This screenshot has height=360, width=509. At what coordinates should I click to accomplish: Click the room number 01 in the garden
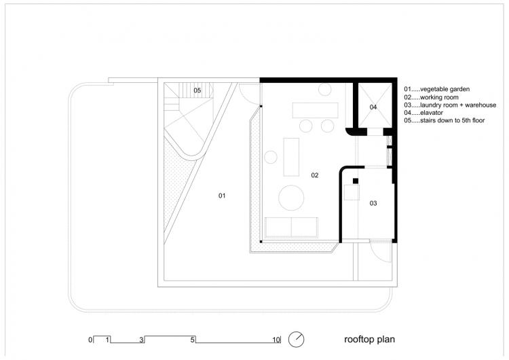tap(221, 196)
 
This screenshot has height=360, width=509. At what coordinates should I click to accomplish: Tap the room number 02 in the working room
tap(315, 175)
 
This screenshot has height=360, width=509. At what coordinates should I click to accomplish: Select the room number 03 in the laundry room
tap(373, 203)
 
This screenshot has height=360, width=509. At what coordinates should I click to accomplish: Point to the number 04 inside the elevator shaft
tap(373, 107)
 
